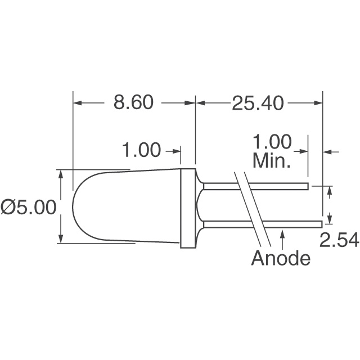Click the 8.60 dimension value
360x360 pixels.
133,103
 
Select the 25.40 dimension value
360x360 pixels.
258,103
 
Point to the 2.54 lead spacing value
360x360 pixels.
339,240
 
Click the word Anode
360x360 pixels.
281,259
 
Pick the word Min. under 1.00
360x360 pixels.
272,162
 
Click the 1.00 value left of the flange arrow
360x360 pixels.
142,150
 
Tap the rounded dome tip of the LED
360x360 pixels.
75,207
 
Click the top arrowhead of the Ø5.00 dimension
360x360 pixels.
61,174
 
